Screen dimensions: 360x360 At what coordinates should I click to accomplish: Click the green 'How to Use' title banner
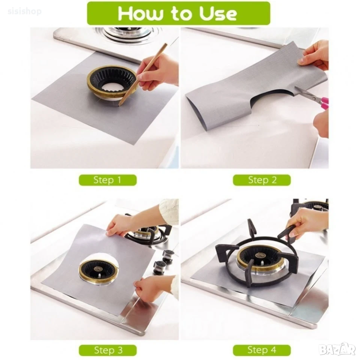(178, 13)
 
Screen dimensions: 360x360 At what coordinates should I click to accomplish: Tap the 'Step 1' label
(108, 180)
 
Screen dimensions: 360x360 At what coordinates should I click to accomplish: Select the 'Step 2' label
(262, 180)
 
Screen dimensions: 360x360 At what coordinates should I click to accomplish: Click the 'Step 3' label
(108, 350)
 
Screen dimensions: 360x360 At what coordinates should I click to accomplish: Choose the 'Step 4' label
(262, 350)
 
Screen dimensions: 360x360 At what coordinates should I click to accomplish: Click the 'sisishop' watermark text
(25, 11)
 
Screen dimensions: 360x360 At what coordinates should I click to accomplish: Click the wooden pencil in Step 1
(143, 74)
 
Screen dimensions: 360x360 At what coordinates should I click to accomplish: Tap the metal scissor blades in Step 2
(305, 93)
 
